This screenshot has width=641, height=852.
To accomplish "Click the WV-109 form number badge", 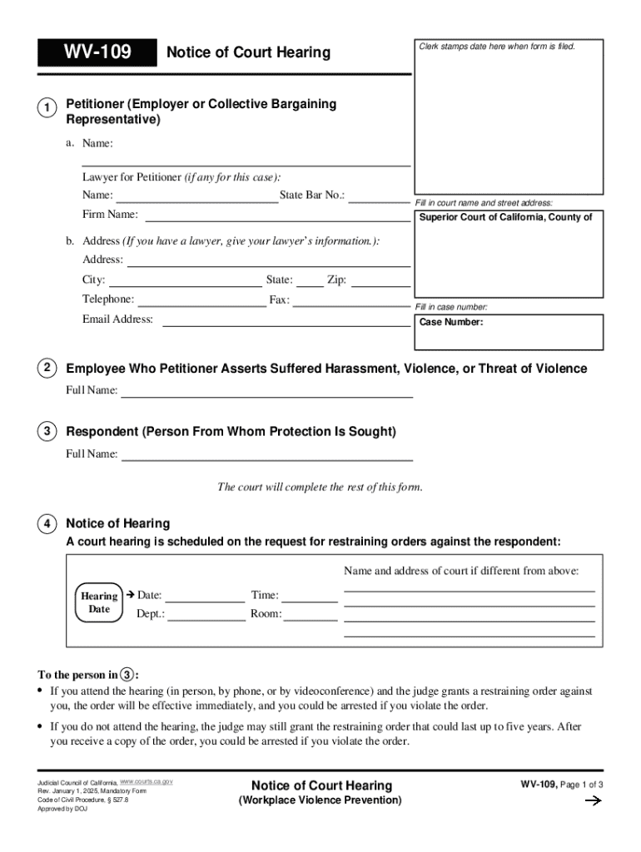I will coord(96,52).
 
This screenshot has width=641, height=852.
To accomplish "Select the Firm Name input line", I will coord(277,220).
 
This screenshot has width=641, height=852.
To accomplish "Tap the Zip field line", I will coord(380,285).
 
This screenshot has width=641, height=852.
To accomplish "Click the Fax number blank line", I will coord(351,305).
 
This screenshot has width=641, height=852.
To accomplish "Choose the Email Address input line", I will coord(286,324).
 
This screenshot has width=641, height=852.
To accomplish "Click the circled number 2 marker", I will coord(47,369).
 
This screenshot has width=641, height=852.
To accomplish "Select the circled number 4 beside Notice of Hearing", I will coord(47,524).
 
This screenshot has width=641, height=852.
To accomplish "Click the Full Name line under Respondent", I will coord(267,458).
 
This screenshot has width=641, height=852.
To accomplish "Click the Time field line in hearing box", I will coord(313,600).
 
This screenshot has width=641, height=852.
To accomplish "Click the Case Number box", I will coord(509,331).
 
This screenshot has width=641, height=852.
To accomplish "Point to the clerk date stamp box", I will coord(509,116).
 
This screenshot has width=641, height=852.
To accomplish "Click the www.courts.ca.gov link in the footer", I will coord(146,782).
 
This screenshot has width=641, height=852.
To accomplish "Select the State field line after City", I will coord(310,285).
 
